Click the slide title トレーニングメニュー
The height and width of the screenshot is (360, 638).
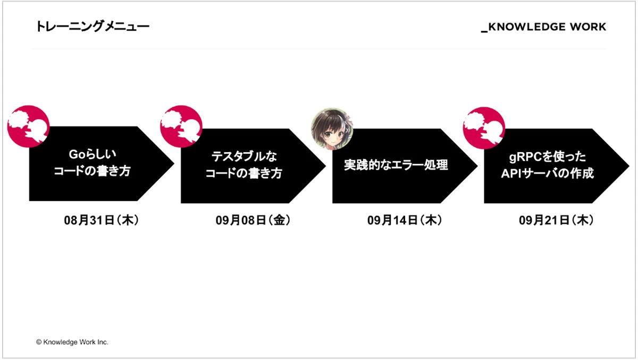tap(93, 27)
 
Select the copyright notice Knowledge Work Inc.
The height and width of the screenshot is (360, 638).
tap(72, 342)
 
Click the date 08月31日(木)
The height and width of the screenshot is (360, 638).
tap(101, 221)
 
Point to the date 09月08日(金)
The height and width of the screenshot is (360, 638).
tap(253, 221)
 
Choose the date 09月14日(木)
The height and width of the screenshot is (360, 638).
tap(405, 221)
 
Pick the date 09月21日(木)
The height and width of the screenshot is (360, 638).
tap(556, 221)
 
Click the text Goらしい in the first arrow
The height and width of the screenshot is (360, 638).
tap(93, 154)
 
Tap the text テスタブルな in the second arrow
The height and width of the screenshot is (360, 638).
tap(244, 156)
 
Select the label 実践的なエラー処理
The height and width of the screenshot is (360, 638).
tap(396, 165)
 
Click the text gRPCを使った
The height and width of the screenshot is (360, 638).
tap(548, 157)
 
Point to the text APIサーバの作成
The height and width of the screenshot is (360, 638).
tap(548, 173)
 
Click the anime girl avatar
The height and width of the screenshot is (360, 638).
tap(332, 129)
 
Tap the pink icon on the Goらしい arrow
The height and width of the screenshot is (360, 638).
tap(29, 127)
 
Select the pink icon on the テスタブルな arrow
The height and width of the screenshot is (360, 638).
tap(181, 127)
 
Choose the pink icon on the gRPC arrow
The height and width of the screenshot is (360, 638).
tap(484, 128)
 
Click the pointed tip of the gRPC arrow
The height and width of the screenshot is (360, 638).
tap(629, 166)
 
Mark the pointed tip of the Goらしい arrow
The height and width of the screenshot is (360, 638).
tap(174, 163)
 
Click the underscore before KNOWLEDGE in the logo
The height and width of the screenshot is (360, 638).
tap(484, 31)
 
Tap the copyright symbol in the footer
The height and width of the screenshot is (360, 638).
tap(39, 342)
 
